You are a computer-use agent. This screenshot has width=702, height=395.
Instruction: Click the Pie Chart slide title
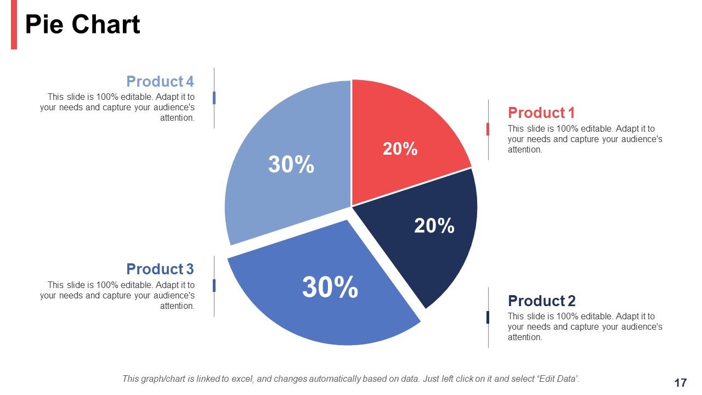[x=82, y=25]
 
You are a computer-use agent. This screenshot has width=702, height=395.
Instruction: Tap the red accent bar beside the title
[x=14, y=25]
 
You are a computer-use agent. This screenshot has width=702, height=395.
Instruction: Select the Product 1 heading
[x=541, y=113]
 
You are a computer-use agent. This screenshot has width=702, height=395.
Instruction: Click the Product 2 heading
[x=541, y=301]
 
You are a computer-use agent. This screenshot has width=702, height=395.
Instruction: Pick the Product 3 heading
[x=160, y=269]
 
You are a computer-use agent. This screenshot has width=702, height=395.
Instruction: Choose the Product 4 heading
[x=160, y=82]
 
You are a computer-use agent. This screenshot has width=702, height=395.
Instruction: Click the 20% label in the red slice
[x=400, y=149]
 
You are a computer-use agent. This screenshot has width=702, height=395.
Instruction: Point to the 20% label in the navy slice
[x=434, y=225]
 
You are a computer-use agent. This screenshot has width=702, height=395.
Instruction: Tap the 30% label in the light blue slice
[x=291, y=165]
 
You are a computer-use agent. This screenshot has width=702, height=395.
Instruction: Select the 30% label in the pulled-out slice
[x=330, y=287]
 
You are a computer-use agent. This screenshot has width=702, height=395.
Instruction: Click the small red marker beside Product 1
[x=488, y=129]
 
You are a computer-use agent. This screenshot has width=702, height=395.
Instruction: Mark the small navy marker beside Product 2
[x=488, y=317]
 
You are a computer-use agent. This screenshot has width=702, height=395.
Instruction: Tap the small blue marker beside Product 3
[x=214, y=285]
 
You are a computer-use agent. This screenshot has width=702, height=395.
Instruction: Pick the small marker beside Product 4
[x=214, y=98]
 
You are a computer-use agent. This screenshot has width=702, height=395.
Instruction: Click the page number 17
[x=680, y=383]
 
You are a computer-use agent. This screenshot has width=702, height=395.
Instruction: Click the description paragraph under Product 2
[x=585, y=327]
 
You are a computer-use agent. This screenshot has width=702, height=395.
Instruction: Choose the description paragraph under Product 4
[x=117, y=108]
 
